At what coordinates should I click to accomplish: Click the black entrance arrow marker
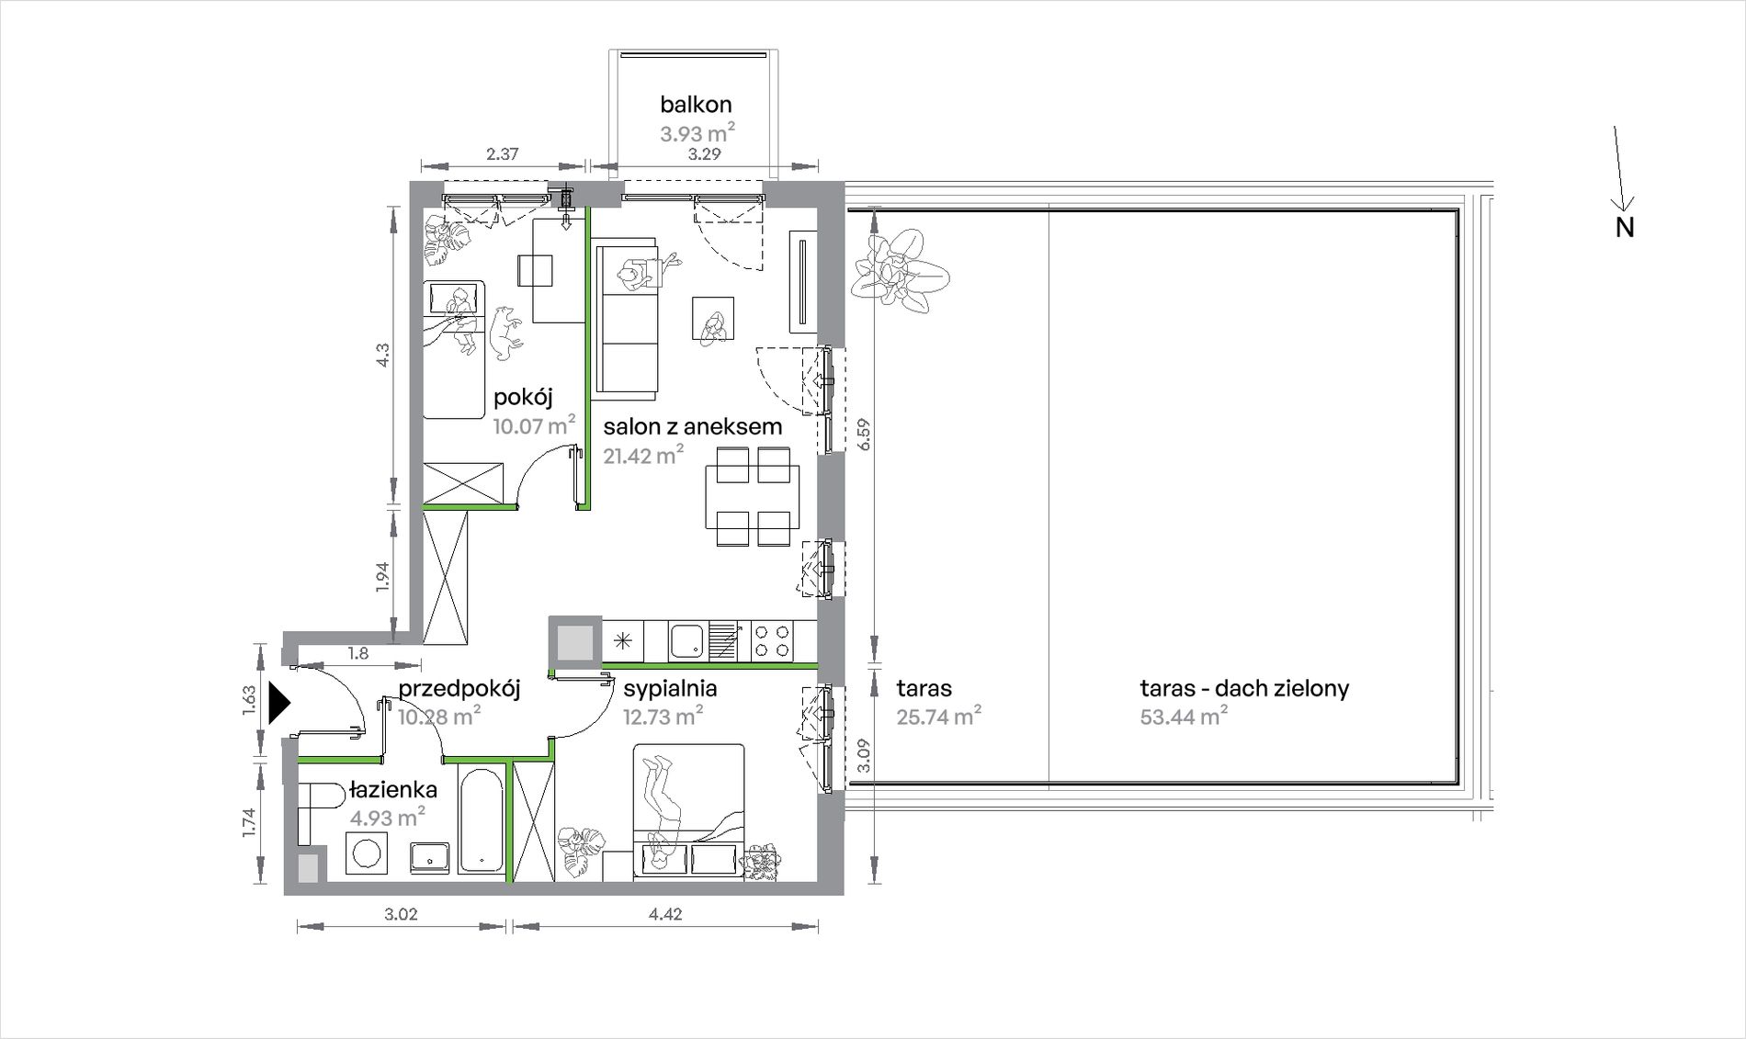[x=279, y=704]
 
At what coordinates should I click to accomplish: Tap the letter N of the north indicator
[x=1625, y=228]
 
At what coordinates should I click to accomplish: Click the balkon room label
[x=696, y=105]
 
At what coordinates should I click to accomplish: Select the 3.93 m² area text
[x=697, y=133]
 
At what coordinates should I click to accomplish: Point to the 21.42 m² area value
[x=643, y=455]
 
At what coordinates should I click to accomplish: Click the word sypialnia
[x=670, y=689]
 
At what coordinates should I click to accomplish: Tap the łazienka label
[x=392, y=789]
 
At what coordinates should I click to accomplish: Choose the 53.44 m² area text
[x=1185, y=716]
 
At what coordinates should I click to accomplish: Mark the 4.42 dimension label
[x=664, y=914]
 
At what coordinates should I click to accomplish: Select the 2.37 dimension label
[x=502, y=154]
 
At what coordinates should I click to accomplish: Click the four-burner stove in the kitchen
[x=772, y=640]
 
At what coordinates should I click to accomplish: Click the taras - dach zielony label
[x=1244, y=688]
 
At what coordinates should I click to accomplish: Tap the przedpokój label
[x=459, y=689]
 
